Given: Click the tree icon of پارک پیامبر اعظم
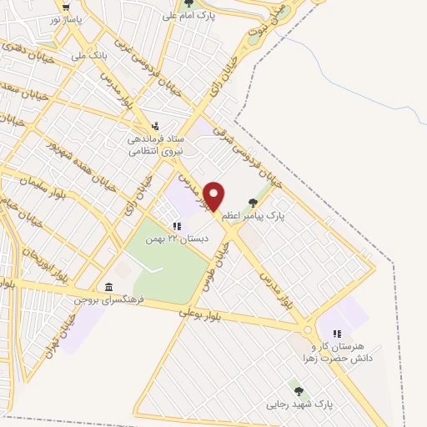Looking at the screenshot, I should tap(254, 201).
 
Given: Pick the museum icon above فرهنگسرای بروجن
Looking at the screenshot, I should tap(108, 284).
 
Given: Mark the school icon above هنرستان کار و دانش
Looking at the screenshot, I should tap(336, 334).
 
